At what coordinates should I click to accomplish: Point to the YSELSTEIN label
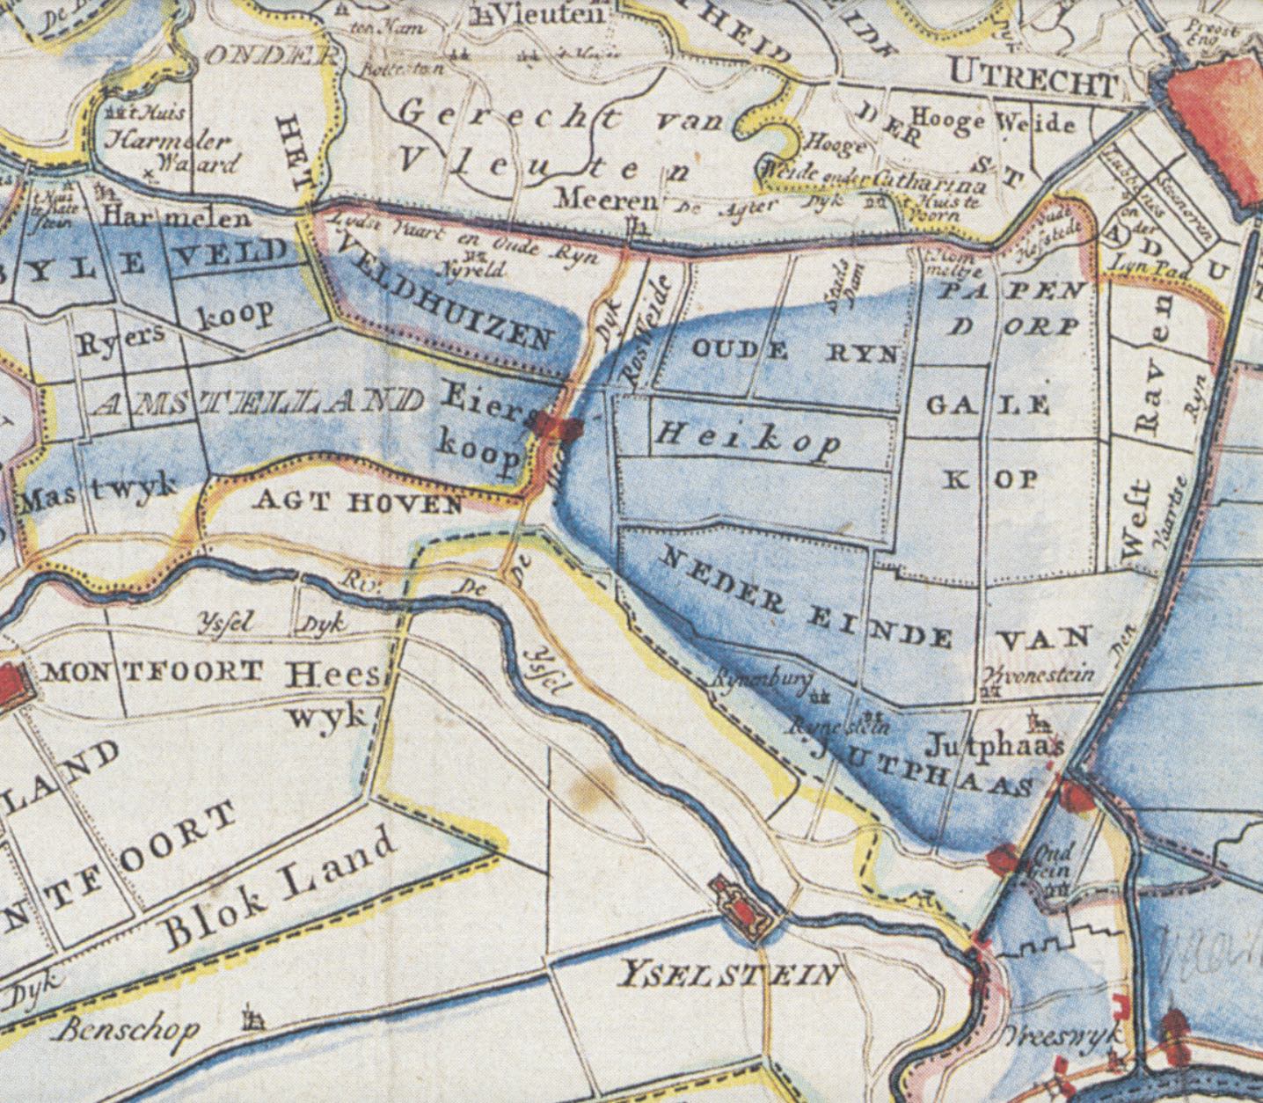coord(729,975)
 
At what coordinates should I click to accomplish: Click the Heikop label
coord(747,438)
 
